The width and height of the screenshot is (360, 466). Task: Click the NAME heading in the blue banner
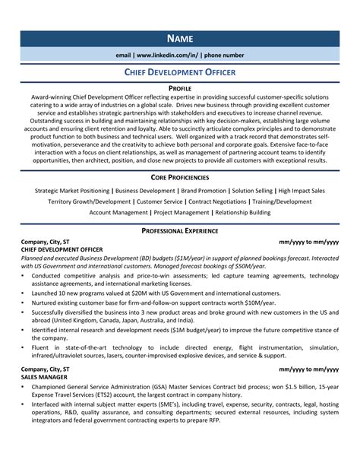(x=179, y=37)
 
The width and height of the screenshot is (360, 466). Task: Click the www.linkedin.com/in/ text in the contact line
(x=163, y=55)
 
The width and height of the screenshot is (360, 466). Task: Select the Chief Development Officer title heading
(x=179, y=72)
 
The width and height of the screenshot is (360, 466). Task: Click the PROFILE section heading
(x=179, y=89)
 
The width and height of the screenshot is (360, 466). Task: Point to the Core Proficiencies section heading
(x=179, y=176)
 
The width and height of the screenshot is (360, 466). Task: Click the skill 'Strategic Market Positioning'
(x=72, y=190)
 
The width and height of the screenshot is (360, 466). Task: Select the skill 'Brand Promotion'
(x=205, y=190)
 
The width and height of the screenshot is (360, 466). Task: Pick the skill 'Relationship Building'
(x=242, y=214)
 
